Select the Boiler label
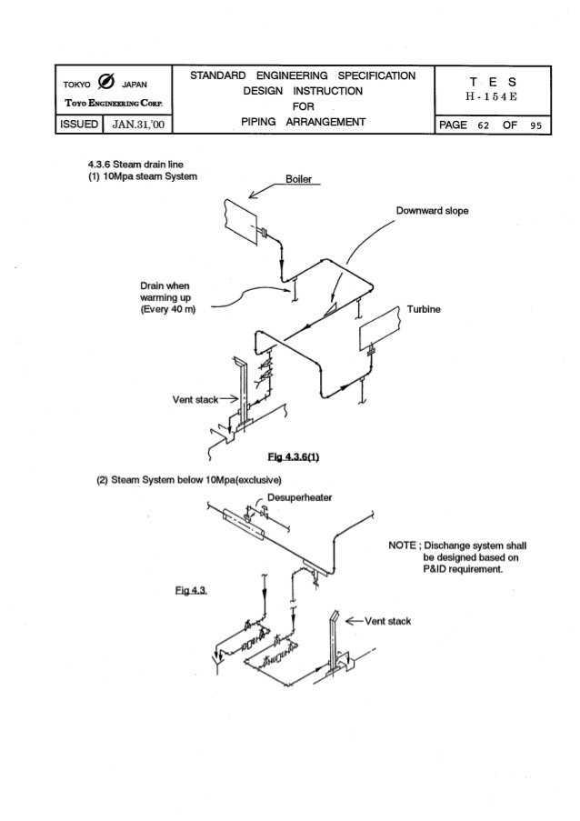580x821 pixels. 299,179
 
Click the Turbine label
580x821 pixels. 425,309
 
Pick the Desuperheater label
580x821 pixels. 299,497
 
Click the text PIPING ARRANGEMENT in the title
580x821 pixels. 303,122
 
